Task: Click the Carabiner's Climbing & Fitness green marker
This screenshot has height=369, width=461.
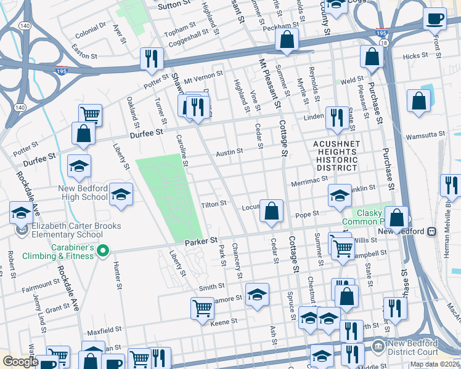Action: (x=103, y=251)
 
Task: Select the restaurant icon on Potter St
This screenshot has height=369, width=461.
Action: (x=152, y=58)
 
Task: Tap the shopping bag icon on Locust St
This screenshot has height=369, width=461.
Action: (x=271, y=211)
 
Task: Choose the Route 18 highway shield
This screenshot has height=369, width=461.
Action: (x=384, y=43)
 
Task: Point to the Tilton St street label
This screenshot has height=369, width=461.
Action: (x=214, y=203)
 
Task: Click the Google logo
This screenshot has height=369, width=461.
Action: (x=20, y=362)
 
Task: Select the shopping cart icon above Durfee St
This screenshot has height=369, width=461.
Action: (x=90, y=114)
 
